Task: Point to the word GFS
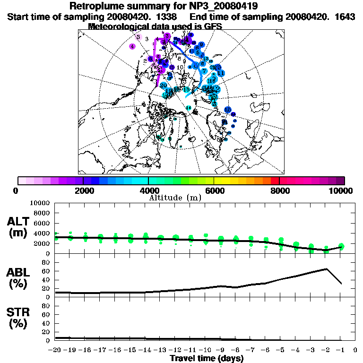coord(212,26)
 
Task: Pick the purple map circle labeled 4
coord(132,46)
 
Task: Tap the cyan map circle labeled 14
coord(189,108)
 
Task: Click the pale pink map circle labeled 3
coord(138,37)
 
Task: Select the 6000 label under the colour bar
coord(214,190)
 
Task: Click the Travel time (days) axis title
coord(207,359)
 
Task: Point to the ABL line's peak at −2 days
coord(326,269)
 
